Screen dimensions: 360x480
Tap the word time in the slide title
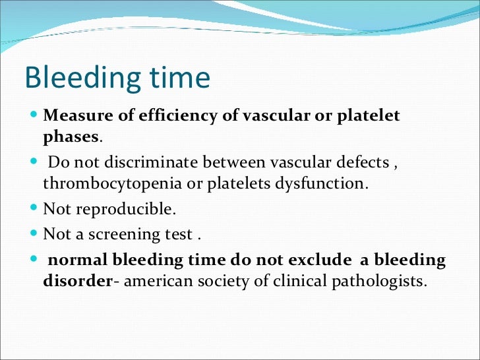[x=179, y=78]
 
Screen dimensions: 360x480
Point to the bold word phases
[x=71, y=136]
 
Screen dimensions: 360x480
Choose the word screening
[x=125, y=233]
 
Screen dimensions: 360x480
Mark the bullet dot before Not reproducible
[x=34, y=209]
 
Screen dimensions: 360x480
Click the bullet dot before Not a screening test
[x=34, y=233]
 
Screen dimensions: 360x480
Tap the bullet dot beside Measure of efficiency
[x=34, y=116]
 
